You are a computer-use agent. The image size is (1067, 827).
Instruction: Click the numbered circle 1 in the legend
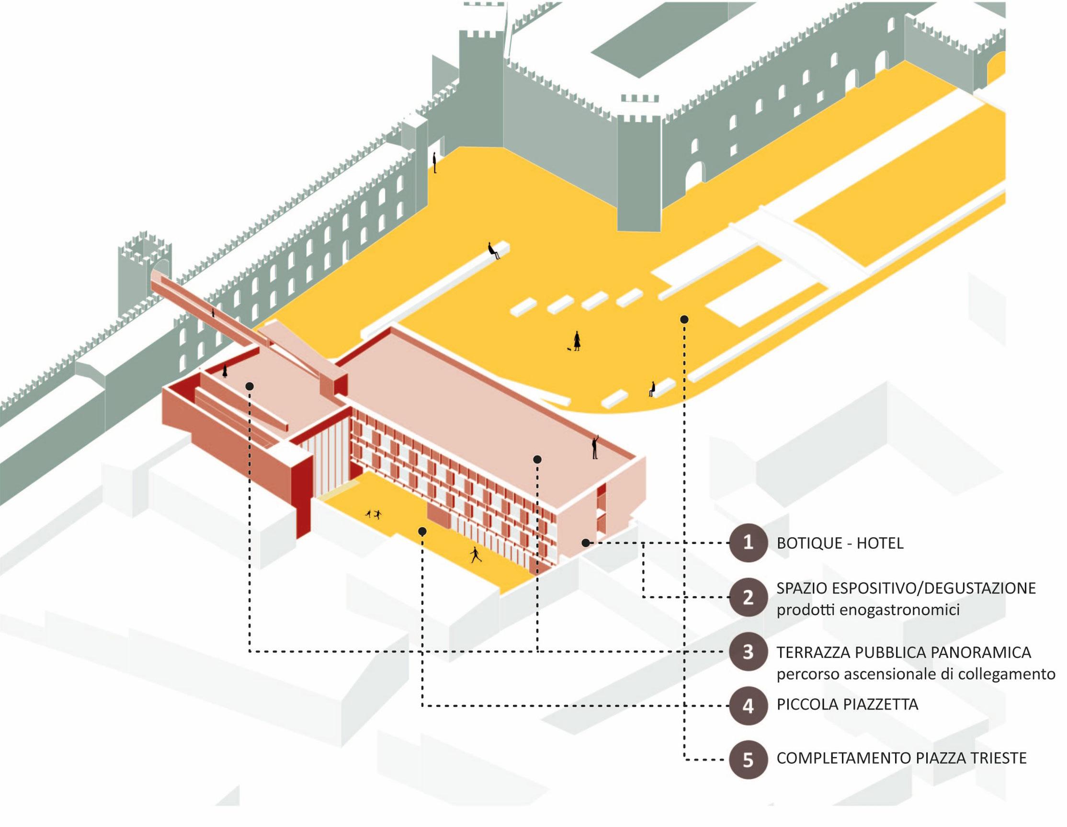tap(748, 543)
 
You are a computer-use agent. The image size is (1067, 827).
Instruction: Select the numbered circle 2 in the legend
tap(748, 598)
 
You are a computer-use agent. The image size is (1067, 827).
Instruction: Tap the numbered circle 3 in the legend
tap(748, 652)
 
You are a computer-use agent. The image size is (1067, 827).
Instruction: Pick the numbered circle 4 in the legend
tap(748, 706)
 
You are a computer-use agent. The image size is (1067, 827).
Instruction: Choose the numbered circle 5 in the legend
tap(748, 760)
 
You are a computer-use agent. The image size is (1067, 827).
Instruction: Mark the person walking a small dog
tap(577, 340)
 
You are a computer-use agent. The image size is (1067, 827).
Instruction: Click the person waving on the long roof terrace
tap(595, 447)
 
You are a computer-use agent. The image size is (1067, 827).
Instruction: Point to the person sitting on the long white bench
tap(493, 250)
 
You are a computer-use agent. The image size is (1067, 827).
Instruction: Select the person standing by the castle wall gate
tap(434, 162)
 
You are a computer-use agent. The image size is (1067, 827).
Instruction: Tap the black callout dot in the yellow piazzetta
tap(422, 531)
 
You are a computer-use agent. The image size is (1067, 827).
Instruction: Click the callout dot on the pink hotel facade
tap(585, 543)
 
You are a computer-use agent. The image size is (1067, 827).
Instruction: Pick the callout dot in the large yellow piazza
tap(684, 319)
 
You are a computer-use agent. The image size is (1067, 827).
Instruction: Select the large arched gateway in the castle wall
tap(695, 176)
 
